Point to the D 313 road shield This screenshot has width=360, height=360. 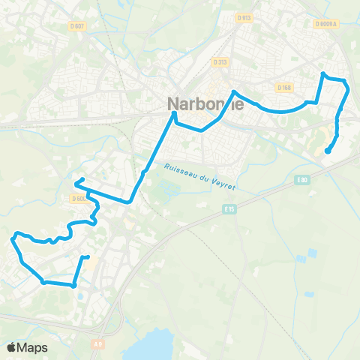click(x=219, y=62)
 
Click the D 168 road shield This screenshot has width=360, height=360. click(x=283, y=88)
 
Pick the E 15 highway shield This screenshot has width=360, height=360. click(x=231, y=209)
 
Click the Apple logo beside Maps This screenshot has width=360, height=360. click(x=12, y=347)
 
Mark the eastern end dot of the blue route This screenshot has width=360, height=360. click(x=327, y=151)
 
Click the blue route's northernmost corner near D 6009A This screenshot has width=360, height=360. click(x=322, y=73)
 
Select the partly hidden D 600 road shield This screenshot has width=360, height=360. click(x=79, y=199)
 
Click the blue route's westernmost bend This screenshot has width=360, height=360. click(x=12, y=240)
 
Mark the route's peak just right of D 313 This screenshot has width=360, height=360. click(x=235, y=91)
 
